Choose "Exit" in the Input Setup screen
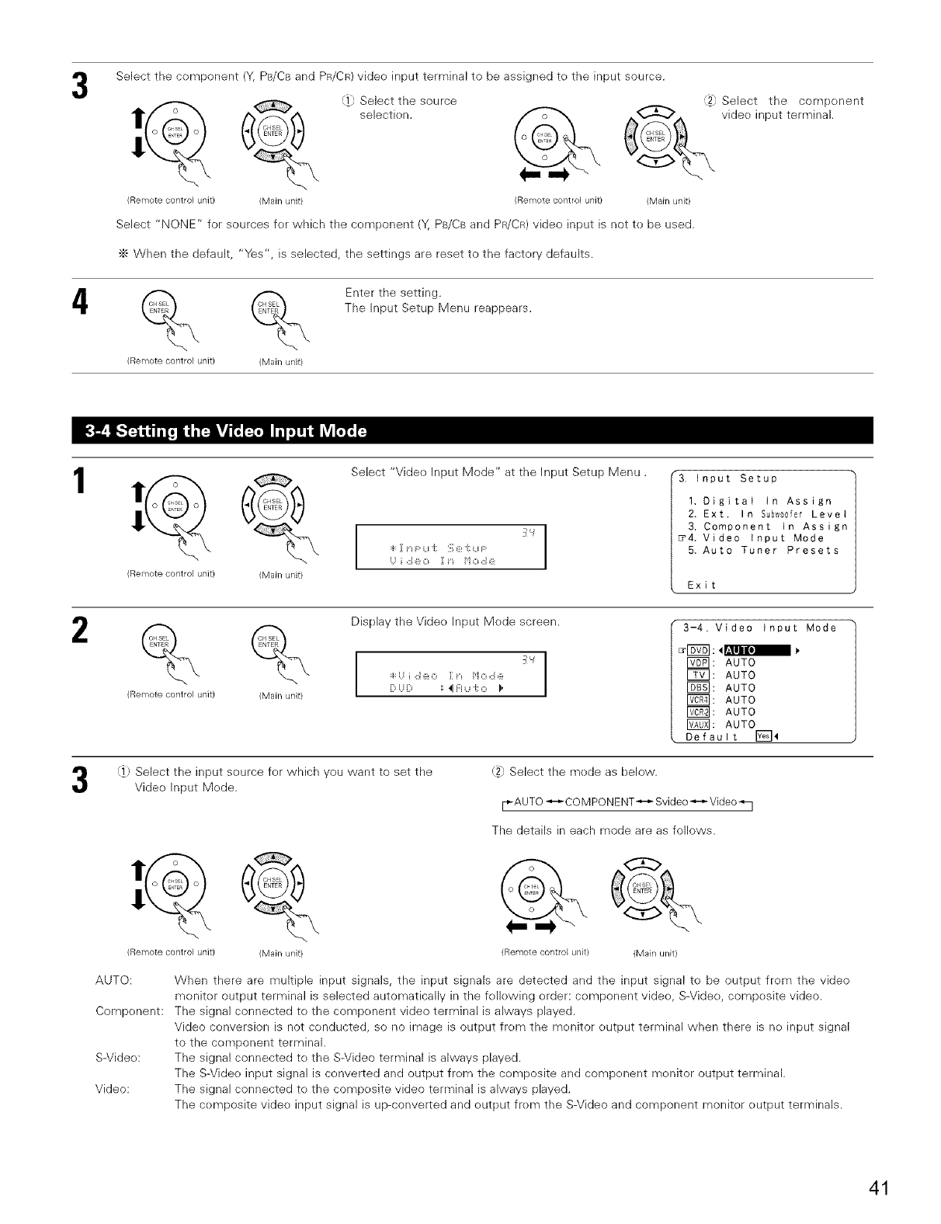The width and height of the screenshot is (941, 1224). (x=701, y=585)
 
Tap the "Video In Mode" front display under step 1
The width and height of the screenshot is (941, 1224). (x=450, y=548)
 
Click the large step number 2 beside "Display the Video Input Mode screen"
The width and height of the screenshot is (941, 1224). (x=81, y=634)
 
